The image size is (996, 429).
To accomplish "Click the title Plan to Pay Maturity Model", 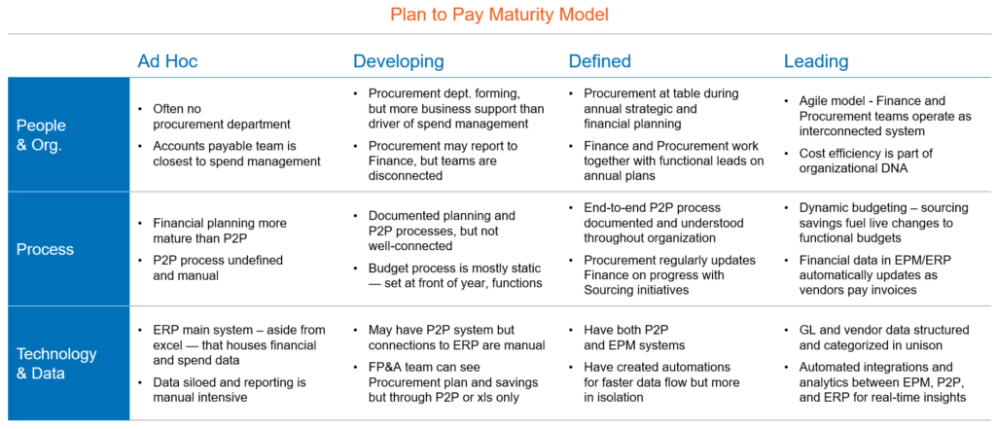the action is point(499,15).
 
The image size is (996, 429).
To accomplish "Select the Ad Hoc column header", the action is point(167,61).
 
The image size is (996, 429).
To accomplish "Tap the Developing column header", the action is point(398,61).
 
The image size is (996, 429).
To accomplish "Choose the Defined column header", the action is point(599,61).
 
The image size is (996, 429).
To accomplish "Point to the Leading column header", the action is point(816,61).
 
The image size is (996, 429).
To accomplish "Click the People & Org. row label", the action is point(41,134).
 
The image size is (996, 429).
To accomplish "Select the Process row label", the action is point(45,249).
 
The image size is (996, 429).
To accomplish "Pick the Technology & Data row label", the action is point(56,364).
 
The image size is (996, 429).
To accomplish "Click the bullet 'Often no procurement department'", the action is point(215,117).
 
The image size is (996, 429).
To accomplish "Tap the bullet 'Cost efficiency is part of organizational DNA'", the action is point(851,161).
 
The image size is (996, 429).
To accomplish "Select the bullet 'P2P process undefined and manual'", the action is point(211,268).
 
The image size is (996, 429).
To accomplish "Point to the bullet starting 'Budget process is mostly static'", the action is point(449,275).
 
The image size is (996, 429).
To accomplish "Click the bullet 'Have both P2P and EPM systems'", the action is point(627,338).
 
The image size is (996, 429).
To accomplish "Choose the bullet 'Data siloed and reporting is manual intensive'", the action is point(223,390).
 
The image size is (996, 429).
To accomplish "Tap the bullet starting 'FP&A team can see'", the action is point(446,382).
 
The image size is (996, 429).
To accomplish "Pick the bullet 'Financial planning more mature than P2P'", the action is point(213,231).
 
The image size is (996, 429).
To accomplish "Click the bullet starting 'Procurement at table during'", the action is point(655,108).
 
